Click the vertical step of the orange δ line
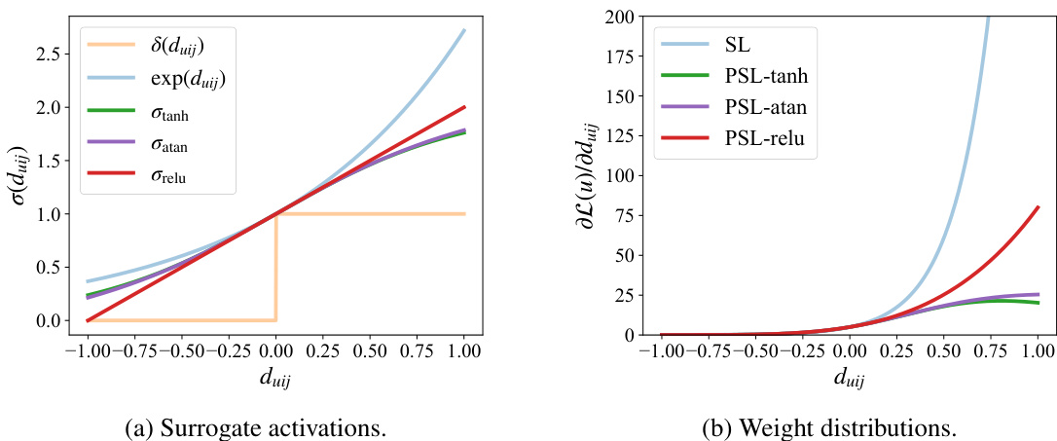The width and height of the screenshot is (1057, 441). pos(276,268)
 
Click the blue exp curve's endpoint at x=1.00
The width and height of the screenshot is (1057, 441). pos(463,30)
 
